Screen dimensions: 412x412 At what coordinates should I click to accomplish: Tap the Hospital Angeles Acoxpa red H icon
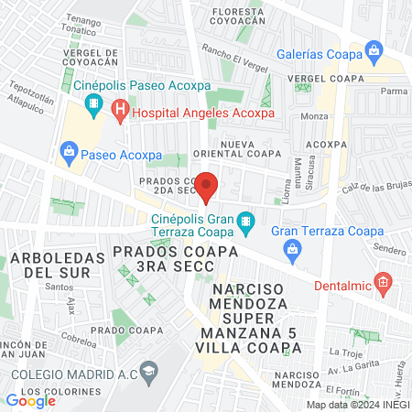(120, 114)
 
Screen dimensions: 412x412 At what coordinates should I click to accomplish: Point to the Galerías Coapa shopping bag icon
(373, 49)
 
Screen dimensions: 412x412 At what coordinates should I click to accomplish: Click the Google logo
(31, 400)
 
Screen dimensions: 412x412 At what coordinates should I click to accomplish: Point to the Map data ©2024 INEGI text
(356, 405)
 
